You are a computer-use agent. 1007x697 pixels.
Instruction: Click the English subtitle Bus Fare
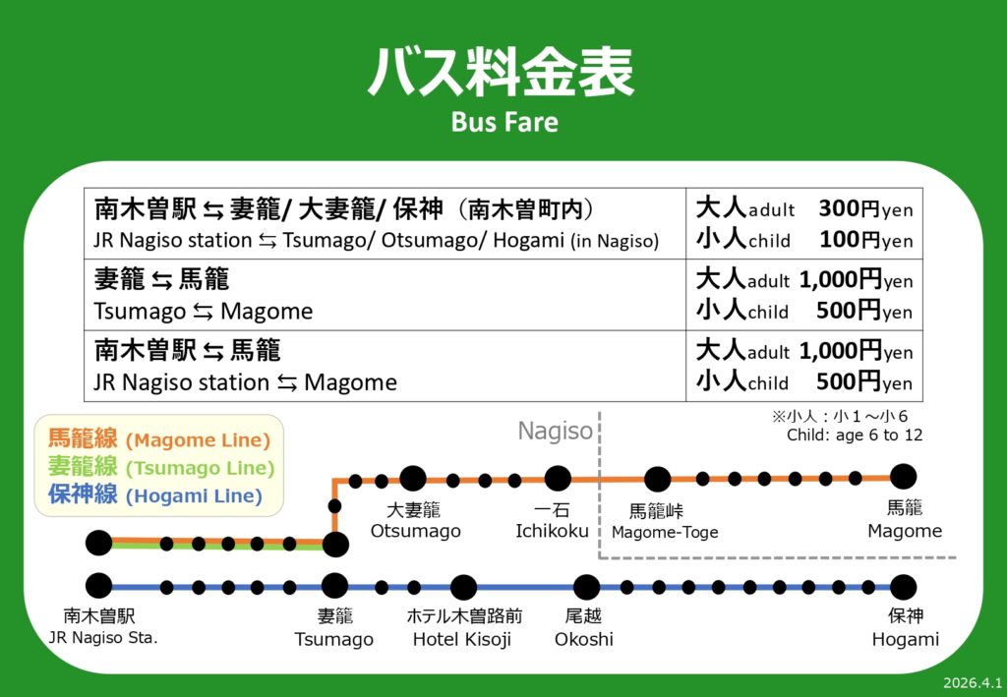click(504, 122)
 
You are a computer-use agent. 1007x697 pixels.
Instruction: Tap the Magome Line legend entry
click(159, 439)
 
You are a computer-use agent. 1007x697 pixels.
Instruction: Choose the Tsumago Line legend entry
click(161, 467)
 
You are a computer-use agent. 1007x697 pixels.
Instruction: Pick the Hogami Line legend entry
click(155, 495)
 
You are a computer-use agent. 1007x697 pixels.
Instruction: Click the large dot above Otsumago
click(413, 479)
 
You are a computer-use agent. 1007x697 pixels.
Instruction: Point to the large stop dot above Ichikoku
click(558, 479)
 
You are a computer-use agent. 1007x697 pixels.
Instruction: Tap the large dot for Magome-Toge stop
click(657, 479)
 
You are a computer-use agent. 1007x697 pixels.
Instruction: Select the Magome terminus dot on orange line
click(903, 477)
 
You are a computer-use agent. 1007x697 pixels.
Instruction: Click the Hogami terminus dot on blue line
click(903, 587)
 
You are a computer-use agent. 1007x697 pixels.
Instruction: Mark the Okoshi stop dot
click(586, 587)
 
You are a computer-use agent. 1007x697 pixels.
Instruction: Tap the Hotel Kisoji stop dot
click(464, 587)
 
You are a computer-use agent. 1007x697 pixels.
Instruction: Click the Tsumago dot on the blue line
click(334, 586)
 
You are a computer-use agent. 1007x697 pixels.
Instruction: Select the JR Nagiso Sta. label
click(102, 639)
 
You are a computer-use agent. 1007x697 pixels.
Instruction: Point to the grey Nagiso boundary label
click(555, 431)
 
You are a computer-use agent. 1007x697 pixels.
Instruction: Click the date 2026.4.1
click(973, 682)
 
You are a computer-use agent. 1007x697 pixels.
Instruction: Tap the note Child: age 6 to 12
click(855, 436)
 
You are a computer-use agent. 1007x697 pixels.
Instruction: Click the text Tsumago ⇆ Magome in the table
click(203, 312)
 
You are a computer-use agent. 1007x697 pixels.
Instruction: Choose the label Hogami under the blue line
click(905, 639)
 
